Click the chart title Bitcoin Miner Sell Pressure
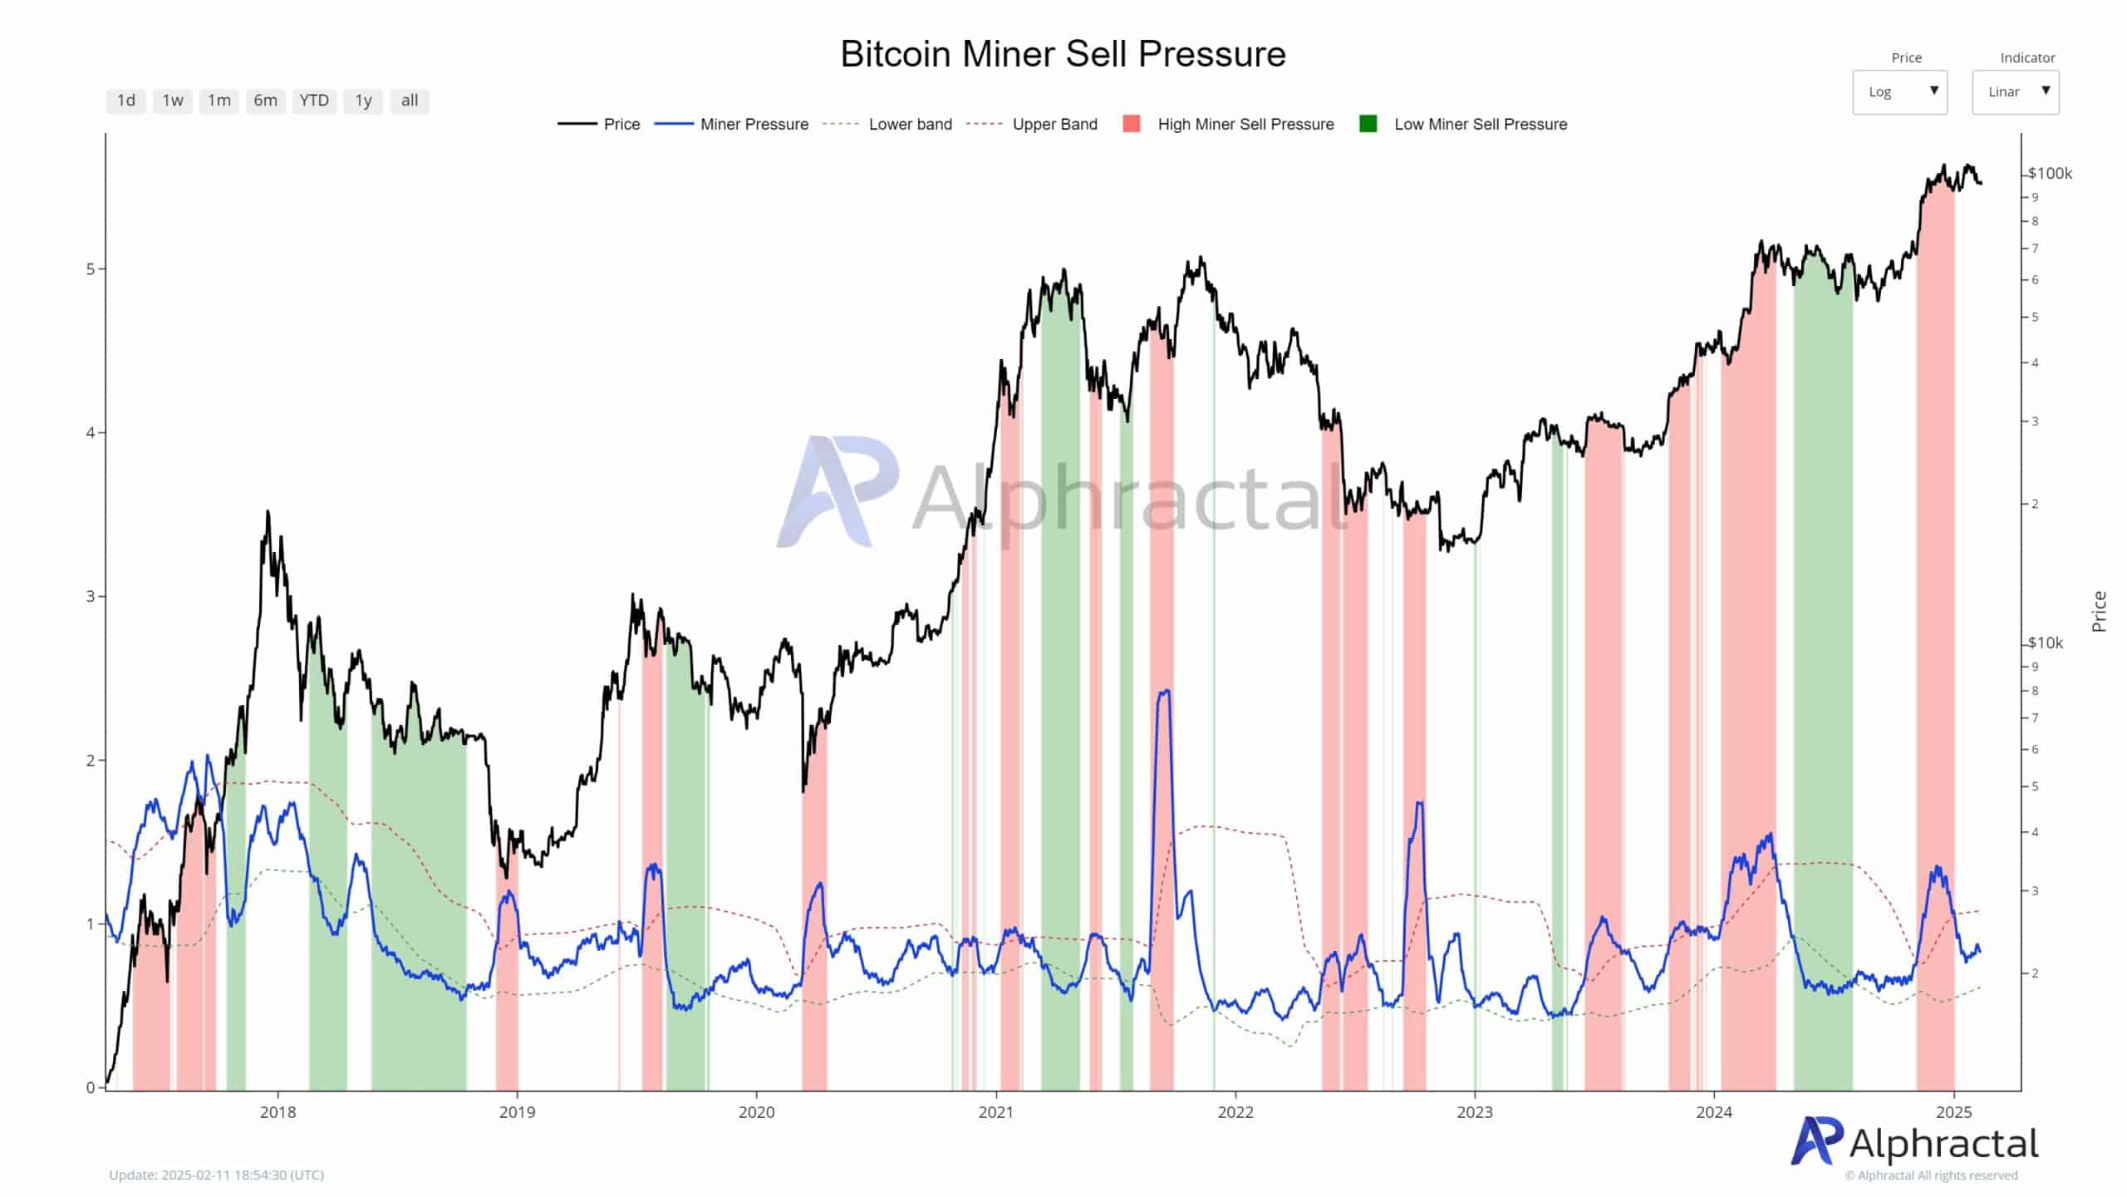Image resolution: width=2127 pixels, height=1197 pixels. [x=1063, y=55]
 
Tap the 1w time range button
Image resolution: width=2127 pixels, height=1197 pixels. [x=173, y=101]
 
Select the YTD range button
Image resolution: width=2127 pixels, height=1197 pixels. [x=314, y=101]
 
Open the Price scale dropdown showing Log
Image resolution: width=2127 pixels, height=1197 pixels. [x=1899, y=91]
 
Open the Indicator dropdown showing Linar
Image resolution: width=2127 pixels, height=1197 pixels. [x=2015, y=91]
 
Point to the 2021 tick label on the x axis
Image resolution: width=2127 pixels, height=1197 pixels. [x=995, y=1112]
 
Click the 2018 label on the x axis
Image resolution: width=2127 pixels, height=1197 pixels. [x=278, y=1112]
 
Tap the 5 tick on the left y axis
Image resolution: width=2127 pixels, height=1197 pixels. [x=91, y=269]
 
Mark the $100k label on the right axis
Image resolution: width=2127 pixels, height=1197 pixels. [x=2050, y=174]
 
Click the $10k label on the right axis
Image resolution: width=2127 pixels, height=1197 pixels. [x=2046, y=643]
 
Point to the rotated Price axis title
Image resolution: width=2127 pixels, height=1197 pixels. [x=2099, y=611]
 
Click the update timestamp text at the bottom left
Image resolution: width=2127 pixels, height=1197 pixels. [x=216, y=1175]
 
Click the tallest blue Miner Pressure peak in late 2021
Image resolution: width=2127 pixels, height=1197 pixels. [x=1165, y=692]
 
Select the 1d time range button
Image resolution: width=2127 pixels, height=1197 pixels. [x=126, y=101]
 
